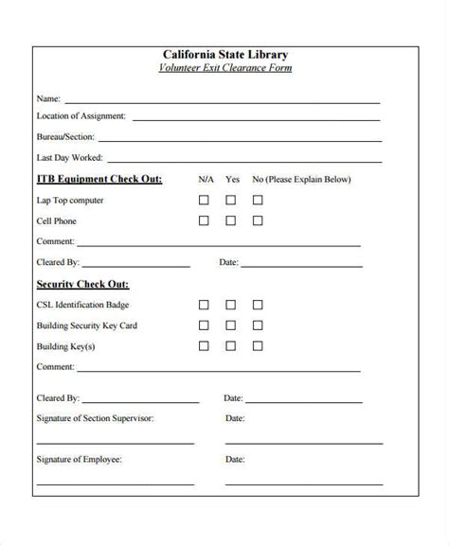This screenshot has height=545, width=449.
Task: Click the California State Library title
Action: (224, 55)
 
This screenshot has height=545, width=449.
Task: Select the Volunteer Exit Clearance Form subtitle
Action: (224, 68)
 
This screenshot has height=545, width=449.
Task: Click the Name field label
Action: (48, 98)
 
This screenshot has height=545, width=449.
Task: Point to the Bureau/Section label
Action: (66, 138)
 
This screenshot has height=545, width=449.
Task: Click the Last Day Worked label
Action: (70, 158)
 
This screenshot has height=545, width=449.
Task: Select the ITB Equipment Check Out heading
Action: (99, 179)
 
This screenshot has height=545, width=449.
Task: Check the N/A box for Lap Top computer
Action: (204, 201)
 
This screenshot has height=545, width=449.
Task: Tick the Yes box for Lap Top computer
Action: (230, 201)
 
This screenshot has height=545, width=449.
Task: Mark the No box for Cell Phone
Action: (257, 221)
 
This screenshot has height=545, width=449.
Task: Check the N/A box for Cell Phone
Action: (204, 221)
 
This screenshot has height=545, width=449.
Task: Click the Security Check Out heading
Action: (82, 284)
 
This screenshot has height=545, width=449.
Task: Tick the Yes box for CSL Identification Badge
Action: (230, 305)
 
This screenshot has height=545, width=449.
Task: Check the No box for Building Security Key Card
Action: (257, 325)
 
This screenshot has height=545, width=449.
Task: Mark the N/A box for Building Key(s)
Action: (204, 346)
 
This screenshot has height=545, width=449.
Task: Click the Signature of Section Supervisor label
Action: (95, 417)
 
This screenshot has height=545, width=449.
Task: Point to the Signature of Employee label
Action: (80, 460)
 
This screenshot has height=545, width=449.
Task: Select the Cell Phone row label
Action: (57, 221)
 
